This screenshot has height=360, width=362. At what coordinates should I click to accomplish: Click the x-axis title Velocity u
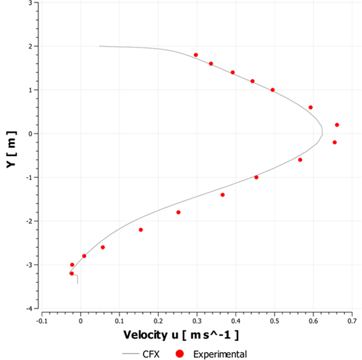[x=181, y=334]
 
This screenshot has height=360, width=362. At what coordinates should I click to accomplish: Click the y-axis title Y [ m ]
[x=12, y=155]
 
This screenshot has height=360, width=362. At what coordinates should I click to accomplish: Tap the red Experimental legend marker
[x=178, y=354]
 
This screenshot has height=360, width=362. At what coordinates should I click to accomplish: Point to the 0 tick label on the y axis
[x=32, y=133]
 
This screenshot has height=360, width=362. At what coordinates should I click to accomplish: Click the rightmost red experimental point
[x=337, y=125]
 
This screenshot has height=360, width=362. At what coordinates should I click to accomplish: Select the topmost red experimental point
[x=196, y=55]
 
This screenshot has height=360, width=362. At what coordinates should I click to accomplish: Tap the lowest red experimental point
[x=72, y=273]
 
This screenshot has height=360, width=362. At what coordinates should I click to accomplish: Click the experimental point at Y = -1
[x=256, y=177]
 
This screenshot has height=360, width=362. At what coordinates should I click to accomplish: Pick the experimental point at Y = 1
[x=273, y=90]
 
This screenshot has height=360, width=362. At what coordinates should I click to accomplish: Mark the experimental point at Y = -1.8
[x=178, y=212]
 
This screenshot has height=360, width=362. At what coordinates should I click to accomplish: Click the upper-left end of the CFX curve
[x=99, y=46]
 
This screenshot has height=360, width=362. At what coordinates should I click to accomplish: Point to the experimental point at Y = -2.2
[x=141, y=230]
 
